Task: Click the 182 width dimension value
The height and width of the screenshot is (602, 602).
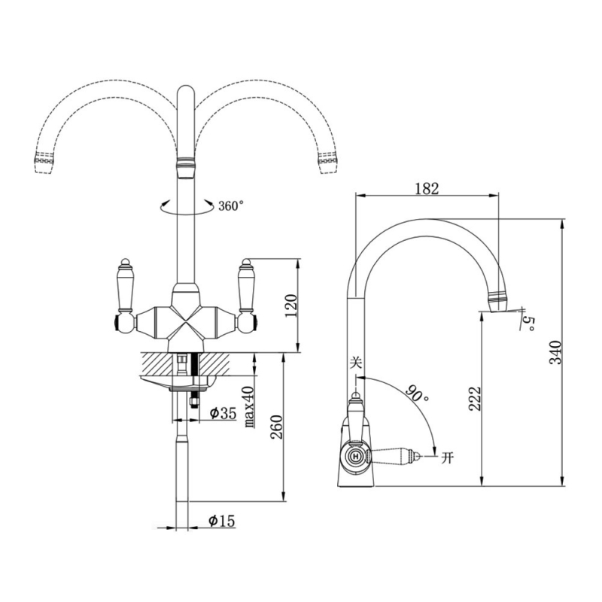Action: click(x=427, y=189)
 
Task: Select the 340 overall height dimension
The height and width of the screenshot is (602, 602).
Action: click(x=555, y=352)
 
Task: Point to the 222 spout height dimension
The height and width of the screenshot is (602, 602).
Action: click(x=475, y=398)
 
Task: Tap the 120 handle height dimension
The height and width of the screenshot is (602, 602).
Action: click(x=290, y=306)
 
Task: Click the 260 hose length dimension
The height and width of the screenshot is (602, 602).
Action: click(x=276, y=427)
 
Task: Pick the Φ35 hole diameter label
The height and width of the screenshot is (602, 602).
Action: click(x=223, y=413)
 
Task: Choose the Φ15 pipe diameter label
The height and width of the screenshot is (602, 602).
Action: click(x=221, y=521)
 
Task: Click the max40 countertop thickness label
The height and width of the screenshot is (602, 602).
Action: click(x=250, y=407)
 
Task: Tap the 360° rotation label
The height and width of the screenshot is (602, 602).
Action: click(x=231, y=205)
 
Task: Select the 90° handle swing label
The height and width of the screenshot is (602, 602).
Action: click(x=418, y=393)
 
